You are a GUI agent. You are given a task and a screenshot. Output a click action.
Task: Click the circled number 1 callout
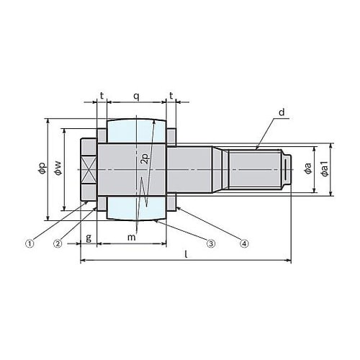(30, 244)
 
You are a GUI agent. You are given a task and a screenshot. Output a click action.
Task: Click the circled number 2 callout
(58, 244)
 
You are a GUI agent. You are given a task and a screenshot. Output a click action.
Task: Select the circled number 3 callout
(211, 244)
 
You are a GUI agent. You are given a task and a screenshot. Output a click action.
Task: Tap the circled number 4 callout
(244, 244)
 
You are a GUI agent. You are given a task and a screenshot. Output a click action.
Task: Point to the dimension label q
(136, 96)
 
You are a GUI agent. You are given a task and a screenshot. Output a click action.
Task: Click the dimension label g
(89, 238)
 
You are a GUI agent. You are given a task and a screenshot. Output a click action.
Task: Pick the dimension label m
(131, 238)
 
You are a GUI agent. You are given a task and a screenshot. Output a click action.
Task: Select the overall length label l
(186, 254)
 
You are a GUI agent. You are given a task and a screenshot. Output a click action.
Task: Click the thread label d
(282, 112)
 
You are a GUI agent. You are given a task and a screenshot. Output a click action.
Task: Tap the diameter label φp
(42, 168)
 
